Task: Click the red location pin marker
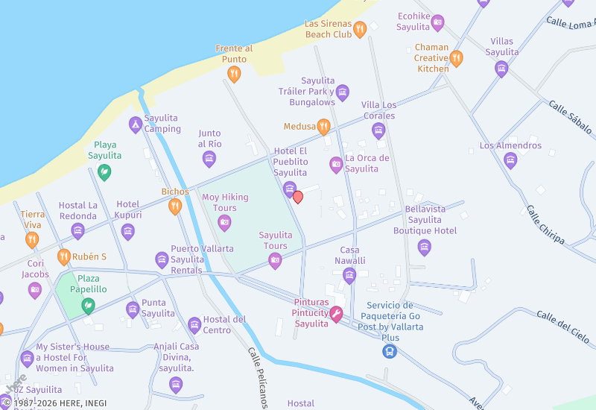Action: (x=298, y=197)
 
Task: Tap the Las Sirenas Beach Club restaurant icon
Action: (x=360, y=30)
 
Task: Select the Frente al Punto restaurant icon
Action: (x=234, y=74)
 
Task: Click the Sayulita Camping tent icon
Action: (x=135, y=124)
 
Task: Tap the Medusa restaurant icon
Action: (x=323, y=127)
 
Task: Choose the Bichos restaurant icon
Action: (x=175, y=206)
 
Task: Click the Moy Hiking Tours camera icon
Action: (x=224, y=222)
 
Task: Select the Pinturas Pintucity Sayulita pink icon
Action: (x=336, y=315)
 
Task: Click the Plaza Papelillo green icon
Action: (x=88, y=305)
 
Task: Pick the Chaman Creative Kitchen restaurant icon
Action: (x=456, y=58)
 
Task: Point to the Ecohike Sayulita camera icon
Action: (x=438, y=22)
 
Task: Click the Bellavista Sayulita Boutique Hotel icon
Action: (x=425, y=247)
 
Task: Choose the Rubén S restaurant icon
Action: (x=64, y=257)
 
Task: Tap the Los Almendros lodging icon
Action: (x=510, y=160)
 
